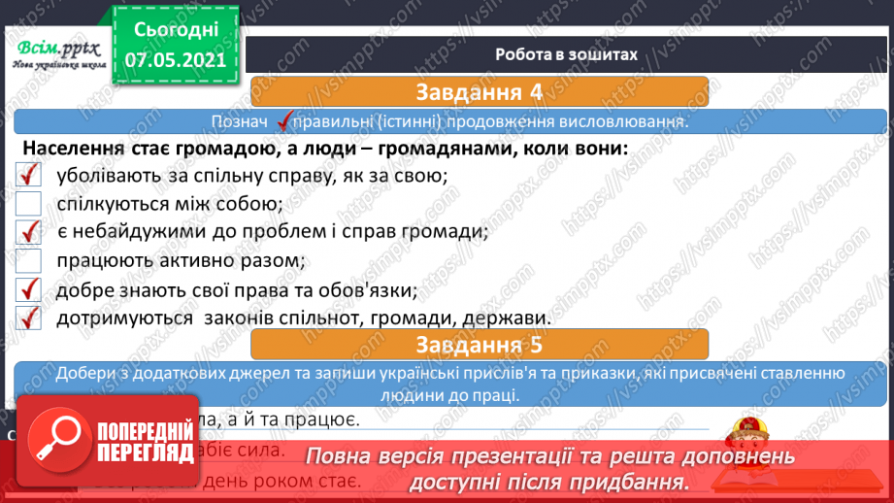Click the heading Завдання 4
(478, 93)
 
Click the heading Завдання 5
(478, 344)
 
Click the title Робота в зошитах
(566, 54)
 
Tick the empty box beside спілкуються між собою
(29, 204)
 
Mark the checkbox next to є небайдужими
(29, 232)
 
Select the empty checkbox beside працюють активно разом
(29, 260)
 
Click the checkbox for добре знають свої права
(29, 289)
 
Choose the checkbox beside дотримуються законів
(29, 318)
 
